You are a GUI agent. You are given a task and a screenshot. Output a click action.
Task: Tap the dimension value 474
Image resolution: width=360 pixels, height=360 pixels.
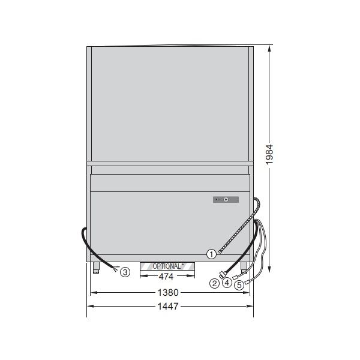click(x=167, y=277)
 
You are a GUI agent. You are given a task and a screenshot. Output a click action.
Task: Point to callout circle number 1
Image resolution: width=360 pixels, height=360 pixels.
click(x=211, y=254)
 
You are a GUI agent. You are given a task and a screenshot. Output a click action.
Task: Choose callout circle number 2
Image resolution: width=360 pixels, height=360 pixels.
click(x=214, y=283)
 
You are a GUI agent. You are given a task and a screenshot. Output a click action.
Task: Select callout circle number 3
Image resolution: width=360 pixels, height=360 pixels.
click(x=125, y=272)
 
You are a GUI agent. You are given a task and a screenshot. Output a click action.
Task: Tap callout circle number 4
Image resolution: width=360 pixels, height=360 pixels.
click(x=226, y=283)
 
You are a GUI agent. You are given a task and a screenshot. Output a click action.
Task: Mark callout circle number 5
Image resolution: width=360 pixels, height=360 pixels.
click(x=239, y=286)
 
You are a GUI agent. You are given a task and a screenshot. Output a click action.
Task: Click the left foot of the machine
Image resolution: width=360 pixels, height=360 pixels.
click(x=96, y=268)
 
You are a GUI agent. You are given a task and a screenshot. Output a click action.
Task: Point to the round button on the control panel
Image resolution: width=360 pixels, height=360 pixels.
click(x=226, y=199)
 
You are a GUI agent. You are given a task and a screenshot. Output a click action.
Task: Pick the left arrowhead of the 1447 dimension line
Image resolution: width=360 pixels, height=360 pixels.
click(x=89, y=306)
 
